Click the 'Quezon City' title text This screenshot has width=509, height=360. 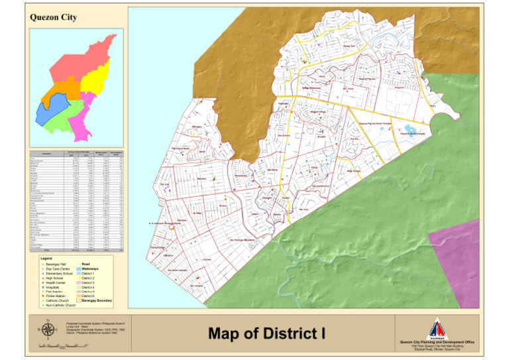(50, 19)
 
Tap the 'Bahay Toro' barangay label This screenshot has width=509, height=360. (349, 46)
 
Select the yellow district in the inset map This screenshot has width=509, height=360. (97, 83)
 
